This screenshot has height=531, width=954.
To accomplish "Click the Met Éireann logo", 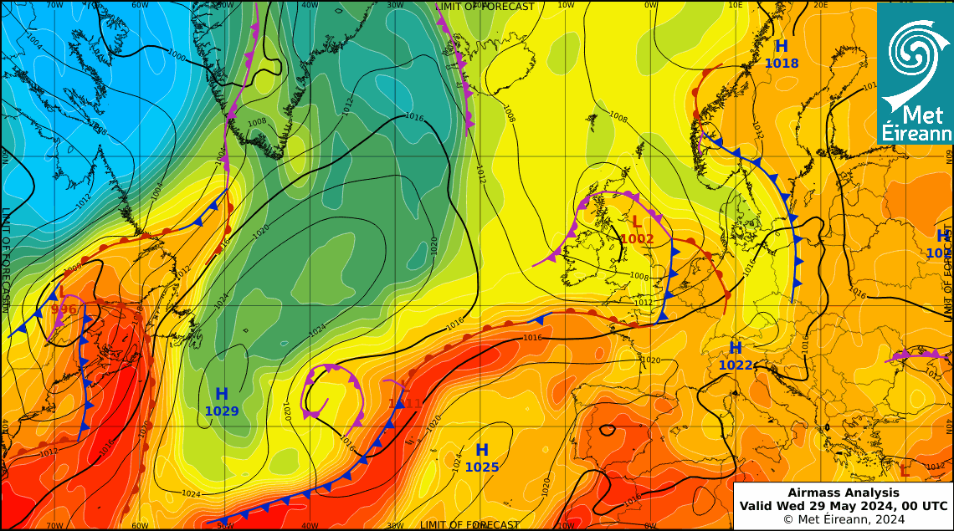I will tap(915, 72).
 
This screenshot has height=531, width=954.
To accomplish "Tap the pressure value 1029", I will tap(222, 411).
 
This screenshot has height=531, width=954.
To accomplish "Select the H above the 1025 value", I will tap(482, 451).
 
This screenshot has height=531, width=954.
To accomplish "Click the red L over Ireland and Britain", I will tap(637, 222).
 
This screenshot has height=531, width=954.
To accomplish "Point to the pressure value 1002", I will tap(637, 239).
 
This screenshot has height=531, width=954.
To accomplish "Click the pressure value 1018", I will tap(782, 64).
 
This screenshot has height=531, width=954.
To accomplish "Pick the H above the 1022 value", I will tap(736, 348).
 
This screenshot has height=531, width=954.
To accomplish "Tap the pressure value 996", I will tap(64, 309).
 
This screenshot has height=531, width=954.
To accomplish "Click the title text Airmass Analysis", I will tap(844, 493).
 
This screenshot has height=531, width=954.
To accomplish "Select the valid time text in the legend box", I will tap(844, 506).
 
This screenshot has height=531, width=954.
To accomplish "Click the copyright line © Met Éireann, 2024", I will tap(844, 519).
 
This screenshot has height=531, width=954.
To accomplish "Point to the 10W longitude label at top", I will tap(566, 5).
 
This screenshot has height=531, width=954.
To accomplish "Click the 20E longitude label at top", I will tap(821, 5).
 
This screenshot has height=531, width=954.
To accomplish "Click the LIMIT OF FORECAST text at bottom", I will tap(469, 525).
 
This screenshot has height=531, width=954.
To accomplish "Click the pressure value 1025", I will tap(482, 467).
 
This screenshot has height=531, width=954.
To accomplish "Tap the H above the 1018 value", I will tap(782, 46).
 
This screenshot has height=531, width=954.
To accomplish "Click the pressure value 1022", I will tap(736, 365).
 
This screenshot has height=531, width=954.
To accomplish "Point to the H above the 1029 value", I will tap(222, 394).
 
